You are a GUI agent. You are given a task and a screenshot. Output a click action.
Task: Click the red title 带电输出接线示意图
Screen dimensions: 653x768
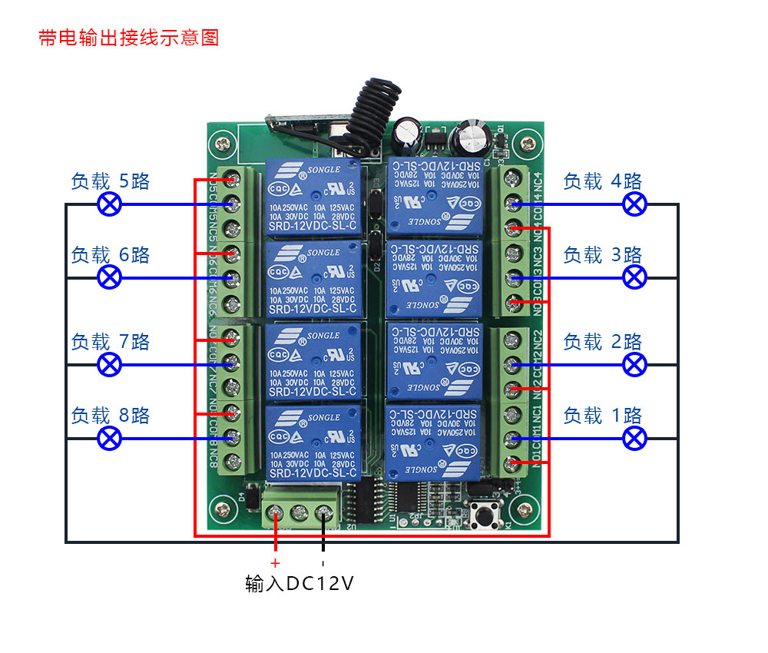pos(129,38)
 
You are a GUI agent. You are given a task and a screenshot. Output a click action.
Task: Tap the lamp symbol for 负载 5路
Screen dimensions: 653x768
pos(111,204)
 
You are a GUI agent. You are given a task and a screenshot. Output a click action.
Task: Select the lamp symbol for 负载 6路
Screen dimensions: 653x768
pos(111,277)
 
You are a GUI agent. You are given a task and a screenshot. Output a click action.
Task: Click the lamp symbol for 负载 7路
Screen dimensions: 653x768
pos(111,364)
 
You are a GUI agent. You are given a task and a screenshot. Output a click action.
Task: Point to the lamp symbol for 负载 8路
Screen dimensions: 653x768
pos(111,438)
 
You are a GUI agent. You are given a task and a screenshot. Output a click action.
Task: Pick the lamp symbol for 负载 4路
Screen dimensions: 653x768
pos(634,204)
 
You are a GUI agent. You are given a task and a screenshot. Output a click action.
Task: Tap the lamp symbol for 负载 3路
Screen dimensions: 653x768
pos(634,277)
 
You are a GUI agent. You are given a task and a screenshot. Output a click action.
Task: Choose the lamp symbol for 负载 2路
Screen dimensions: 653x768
pos(634,364)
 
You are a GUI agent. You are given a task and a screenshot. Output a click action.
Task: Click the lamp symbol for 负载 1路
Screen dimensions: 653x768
pos(634,438)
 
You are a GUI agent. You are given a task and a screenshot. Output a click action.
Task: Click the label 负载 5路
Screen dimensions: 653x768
pos(111,181)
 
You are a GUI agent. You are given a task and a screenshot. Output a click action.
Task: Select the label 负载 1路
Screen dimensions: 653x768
pos(603,416)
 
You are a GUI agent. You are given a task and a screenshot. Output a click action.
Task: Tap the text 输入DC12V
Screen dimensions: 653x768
pos(300,584)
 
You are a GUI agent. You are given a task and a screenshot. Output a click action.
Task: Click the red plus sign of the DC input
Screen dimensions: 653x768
pos(275,563)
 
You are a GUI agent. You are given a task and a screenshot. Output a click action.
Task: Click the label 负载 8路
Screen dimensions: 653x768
pos(111,416)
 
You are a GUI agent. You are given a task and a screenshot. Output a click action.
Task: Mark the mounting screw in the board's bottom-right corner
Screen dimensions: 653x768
pos(525,509)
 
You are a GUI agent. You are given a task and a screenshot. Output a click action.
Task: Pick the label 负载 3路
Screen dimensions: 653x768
pos(603,254)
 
